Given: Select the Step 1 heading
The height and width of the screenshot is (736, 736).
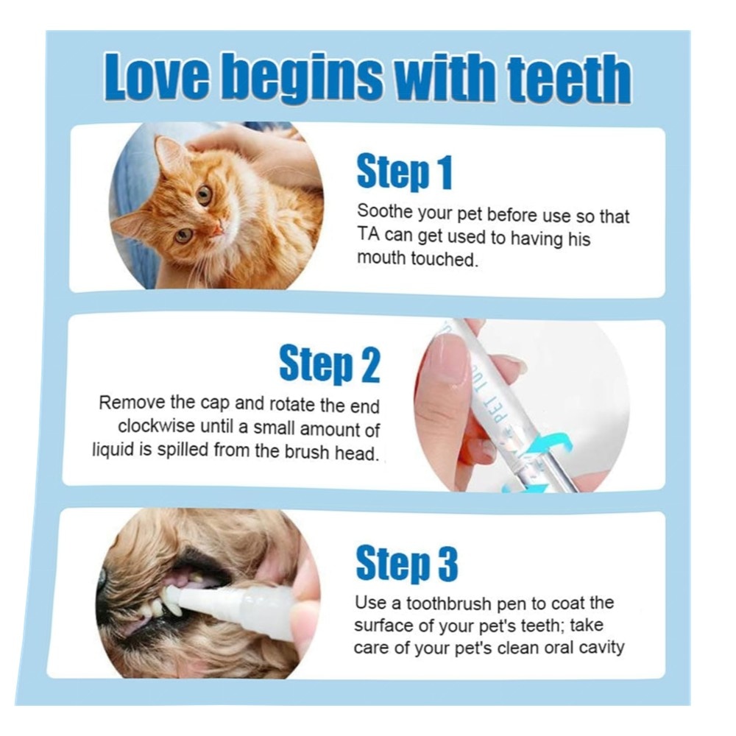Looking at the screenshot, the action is pos(404,172).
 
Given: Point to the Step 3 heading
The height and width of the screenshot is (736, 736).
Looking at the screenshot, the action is pos(406,564).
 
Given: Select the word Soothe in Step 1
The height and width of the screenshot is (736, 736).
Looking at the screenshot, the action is pos(384,211).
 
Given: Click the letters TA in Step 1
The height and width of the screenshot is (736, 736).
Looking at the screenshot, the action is pos(368,234).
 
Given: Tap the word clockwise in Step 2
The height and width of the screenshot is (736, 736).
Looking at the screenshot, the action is pos(156,426).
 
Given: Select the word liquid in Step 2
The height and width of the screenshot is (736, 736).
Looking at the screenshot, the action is pos(113,450).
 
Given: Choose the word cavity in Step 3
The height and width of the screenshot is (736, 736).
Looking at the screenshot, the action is pos(602,648).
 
